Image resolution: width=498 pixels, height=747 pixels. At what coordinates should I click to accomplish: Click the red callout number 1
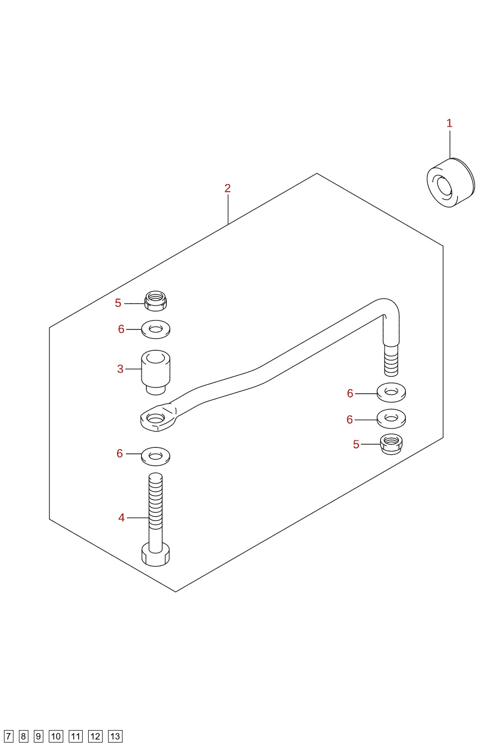pyautogui.click(x=449, y=123)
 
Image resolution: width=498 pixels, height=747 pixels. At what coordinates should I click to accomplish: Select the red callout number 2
pyautogui.click(x=227, y=189)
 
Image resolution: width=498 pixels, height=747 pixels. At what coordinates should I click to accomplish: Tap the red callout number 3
pyautogui.click(x=120, y=369)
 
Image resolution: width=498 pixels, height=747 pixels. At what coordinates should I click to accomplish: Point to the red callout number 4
pyautogui.click(x=121, y=518)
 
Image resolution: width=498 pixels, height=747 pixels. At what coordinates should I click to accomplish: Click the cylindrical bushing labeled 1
pyautogui.click(x=451, y=183)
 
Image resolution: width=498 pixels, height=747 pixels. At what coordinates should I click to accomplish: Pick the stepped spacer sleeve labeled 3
pyautogui.click(x=155, y=372)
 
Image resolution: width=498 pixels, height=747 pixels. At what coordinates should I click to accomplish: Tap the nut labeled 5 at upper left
pyautogui.click(x=155, y=301)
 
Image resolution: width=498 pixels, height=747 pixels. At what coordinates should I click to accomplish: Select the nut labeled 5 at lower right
pyautogui.click(x=391, y=444)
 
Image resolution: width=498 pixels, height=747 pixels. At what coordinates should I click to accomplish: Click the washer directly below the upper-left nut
pyautogui.click(x=155, y=329)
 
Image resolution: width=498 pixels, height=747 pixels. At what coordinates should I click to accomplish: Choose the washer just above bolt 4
pyautogui.click(x=155, y=456)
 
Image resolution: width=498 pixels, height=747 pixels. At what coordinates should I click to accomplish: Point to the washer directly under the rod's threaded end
pyautogui.click(x=391, y=392)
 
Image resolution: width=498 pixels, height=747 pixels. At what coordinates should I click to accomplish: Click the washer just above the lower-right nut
pyautogui.click(x=391, y=419)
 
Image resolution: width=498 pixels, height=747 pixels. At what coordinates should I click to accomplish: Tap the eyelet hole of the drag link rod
pyautogui.click(x=155, y=417)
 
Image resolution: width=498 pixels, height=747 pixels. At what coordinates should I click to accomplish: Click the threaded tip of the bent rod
pyautogui.click(x=391, y=361)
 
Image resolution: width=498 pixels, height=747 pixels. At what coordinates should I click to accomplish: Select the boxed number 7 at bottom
pyautogui.click(x=8, y=737)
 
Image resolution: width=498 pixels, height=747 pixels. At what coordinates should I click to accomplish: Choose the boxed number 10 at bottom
pyautogui.click(x=56, y=737)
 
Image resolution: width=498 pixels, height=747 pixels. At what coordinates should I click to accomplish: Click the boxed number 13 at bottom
pyautogui.click(x=115, y=737)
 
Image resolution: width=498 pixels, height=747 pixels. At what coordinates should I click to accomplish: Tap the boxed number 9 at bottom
pyautogui.click(x=38, y=737)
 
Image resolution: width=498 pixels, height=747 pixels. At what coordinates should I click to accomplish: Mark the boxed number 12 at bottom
pyautogui.click(x=95, y=737)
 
